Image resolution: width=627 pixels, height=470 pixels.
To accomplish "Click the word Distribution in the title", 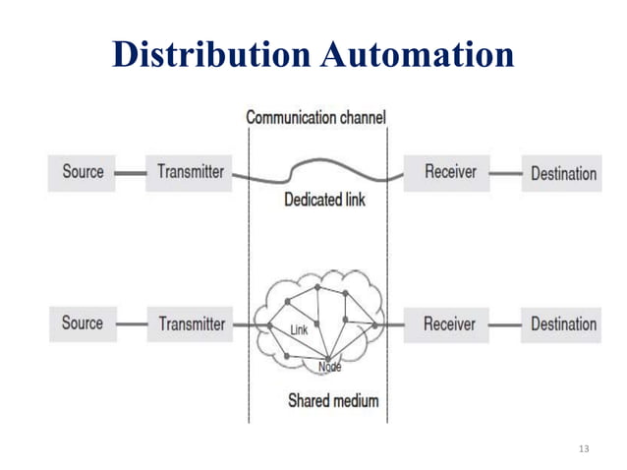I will pyautogui.click(x=212, y=54).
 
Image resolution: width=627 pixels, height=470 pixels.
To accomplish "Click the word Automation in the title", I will pyautogui.click(x=418, y=54).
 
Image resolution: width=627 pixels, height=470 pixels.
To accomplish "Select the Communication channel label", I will pyautogui.click(x=315, y=118).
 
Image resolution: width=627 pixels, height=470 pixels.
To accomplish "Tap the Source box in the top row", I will pyautogui.click(x=83, y=172).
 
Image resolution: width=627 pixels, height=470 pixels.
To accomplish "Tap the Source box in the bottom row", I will pyautogui.click(x=83, y=323).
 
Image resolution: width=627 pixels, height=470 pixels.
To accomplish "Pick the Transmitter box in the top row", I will pyautogui.click(x=191, y=172).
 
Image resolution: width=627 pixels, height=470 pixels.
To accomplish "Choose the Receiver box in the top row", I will pyautogui.click(x=450, y=172).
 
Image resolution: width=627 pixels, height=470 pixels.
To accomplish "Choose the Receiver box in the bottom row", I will pyautogui.click(x=449, y=323).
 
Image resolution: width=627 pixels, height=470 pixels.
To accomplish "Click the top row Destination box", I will pyautogui.click(x=562, y=173).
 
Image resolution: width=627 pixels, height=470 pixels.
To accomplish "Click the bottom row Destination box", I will pyautogui.click(x=562, y=323).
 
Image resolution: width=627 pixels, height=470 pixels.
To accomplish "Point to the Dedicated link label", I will pyautogui.click(x=323, y=201).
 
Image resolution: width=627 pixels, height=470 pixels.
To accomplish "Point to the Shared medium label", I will pyautogui.click(x=332, y=400).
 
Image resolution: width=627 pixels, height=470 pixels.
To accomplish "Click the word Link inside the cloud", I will pyautogui.click(x=299, y=330).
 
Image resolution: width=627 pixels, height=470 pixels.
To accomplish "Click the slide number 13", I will pyautogui.click(x=585, y=449).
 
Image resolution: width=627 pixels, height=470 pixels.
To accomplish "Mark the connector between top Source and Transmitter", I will pyautogui.click(x=130, y=173).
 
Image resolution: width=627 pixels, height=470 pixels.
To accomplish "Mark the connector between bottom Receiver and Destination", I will pyautogui.click(x=505, y=324).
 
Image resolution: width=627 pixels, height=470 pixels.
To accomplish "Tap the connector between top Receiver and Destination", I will pyautogui.click(x=505, y=173).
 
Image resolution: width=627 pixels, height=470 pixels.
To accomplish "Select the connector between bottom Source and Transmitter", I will pyautogui.click(x=130, y=324).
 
